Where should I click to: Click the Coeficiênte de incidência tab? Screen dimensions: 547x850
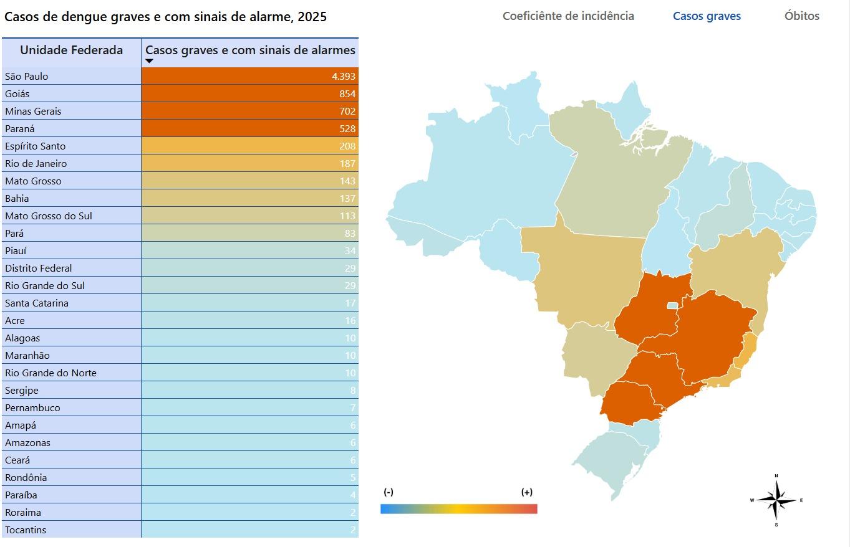click(x=568, y=16)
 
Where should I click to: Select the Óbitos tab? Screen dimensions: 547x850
click(x=801, y=16)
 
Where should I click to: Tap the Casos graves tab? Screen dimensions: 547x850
click(x=707, y=16)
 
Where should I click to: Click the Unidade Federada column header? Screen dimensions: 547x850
click(x=71, y=50)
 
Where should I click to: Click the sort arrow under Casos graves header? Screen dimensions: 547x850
click(x=150, y=61)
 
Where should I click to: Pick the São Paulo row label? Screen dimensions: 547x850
click(x=27, y=77)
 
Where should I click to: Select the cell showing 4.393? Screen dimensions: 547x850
click(x=343, y=77)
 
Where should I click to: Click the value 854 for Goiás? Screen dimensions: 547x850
click(x=347, y=94)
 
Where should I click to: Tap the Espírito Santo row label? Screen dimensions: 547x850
click(x=36, y=146)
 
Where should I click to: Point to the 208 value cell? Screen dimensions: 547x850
click(x=347, y=146)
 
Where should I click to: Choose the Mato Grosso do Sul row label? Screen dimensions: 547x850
click(x=49, y=216)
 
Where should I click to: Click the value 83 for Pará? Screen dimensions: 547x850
click(x=349, y=234)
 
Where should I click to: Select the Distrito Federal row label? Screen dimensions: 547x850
click(x=39, y=269)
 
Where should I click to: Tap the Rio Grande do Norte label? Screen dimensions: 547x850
click(x=51, y=373)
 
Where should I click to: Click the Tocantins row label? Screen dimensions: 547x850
click(x=26, y=530)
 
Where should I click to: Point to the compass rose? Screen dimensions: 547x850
click(x=776, y=500)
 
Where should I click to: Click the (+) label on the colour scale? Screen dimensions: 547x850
click(x=527, y=492)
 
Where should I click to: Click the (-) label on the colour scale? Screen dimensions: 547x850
click(x=388, y=492)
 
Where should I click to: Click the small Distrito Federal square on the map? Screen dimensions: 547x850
click(x=672, y=306)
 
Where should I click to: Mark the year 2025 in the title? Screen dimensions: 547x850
click(x=312, y=17)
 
